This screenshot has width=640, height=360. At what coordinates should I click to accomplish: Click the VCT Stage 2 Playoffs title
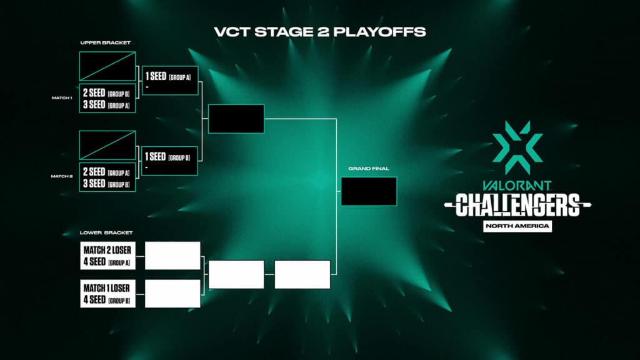[x=319, y=31]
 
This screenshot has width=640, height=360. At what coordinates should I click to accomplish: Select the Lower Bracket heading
[x=106, y=232]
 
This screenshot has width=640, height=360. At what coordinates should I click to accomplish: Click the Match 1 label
[x=62, y=98]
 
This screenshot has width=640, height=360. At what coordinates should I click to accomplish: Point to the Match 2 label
[x=62, y=176]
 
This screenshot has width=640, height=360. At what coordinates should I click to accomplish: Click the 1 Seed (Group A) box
[x=170, y=80]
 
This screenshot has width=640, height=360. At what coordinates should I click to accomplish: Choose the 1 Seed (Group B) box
[x=170, y=161]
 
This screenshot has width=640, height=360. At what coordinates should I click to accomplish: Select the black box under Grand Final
[x=369, y=191]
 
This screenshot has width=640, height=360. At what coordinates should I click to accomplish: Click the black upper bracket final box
[x=236, y=119]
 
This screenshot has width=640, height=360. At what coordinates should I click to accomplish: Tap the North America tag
[x=517, y=226]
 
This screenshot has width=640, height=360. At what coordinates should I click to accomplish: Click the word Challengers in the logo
[x=517, y=204]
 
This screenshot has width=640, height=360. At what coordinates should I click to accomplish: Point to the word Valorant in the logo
[x=517, y=185]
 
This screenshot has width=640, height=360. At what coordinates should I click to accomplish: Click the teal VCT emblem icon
[x=517, y=147]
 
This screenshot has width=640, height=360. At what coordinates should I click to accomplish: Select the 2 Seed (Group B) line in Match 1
[x=107, y=93]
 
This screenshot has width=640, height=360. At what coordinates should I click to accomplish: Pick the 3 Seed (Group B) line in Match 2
[x=107, y=184]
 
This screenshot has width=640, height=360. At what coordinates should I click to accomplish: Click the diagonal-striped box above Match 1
[x=107, y=66]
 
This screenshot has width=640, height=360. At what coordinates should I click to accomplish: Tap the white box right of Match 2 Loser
[x=172, y=256]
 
